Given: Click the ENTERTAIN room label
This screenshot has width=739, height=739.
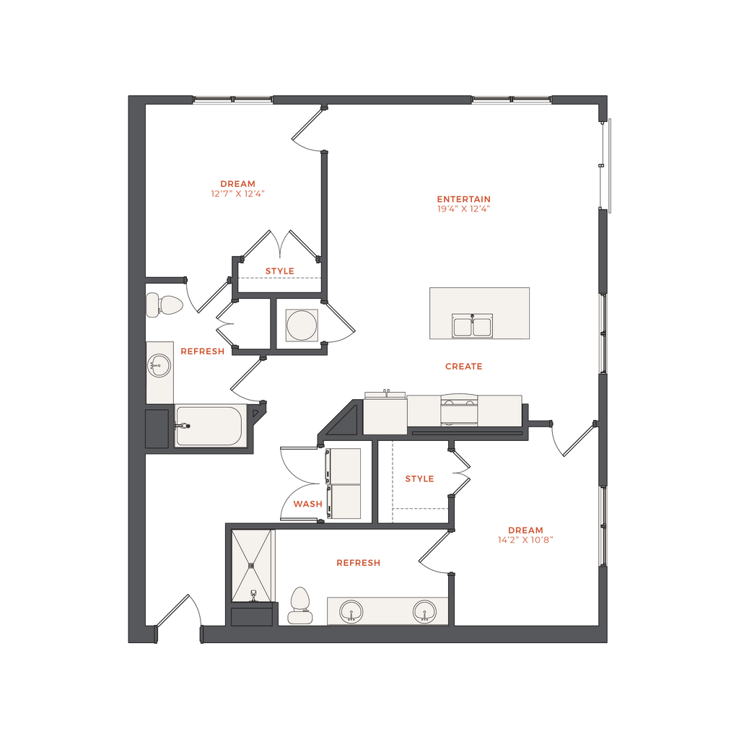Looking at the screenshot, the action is pos(464,199).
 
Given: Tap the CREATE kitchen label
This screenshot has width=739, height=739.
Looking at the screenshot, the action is pos(464,367).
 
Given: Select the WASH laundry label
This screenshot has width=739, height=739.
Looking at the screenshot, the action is pos(307,504).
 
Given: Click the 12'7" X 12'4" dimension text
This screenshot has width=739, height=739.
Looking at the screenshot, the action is pos(237,193).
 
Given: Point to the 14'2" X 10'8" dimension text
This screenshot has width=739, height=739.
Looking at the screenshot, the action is pos(525,540).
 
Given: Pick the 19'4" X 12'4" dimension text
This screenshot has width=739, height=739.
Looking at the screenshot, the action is pos(464,209).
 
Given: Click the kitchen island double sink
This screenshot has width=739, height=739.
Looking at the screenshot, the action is pos(472,325).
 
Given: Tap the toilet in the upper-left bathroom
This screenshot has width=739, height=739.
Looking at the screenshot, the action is pos(164,305).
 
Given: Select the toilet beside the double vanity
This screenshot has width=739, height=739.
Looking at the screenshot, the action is pos(300,605).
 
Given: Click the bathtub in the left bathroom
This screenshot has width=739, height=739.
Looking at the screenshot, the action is pos(209,426).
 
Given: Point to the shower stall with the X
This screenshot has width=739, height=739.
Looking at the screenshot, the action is pos(252,566).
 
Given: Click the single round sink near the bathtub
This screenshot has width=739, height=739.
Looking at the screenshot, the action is pos(159,365).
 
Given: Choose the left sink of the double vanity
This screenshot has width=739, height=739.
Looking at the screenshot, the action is pos(351,612).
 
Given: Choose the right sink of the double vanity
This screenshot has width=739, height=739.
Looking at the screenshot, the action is pos(424,612).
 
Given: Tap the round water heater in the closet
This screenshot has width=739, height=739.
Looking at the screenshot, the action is pos(302,325).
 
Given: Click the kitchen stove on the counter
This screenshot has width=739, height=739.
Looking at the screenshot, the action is pos(459,410).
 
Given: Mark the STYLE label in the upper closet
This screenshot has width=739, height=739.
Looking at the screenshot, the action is pos(279,271).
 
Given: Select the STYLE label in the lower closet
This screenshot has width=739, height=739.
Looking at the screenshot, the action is pos(419,479).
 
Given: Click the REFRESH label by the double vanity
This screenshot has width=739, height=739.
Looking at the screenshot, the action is pos(358,563).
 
